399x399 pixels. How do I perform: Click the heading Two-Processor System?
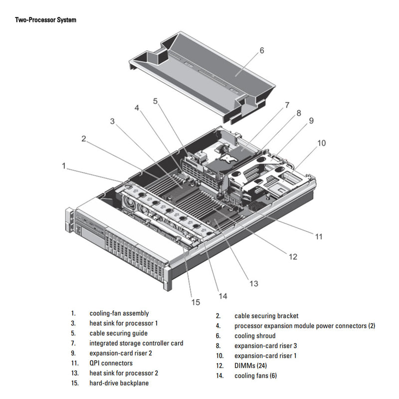[x=45, y=20]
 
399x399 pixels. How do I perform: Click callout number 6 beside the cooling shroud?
[x=261, y=50]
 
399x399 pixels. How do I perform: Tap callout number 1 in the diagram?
[x=64, y=166]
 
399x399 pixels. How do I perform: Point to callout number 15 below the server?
[x=195, y=302]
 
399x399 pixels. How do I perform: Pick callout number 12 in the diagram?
[x=293, y=257]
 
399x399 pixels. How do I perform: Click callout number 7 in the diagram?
[x=287, y=105]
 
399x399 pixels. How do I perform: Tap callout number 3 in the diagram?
[x=113, y=121]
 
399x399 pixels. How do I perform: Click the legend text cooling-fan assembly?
[x=119, y=313]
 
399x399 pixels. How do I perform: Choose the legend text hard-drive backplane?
[x=119, y=383]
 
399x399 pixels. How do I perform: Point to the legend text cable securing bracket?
[x=266, y=316]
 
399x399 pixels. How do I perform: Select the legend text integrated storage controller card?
[x=136, y=343]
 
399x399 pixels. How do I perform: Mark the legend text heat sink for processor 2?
[x=124, y=373]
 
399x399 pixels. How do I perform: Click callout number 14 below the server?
[x=222, y=296]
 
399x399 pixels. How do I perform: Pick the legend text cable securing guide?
[x=118, y=333]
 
